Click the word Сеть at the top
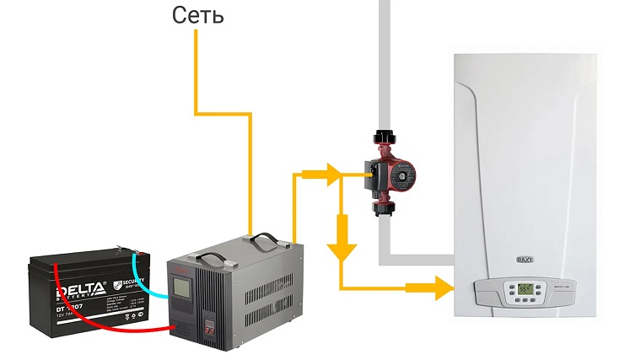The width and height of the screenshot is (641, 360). tap(198, 15)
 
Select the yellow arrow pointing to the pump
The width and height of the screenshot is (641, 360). tap(329, 174)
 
